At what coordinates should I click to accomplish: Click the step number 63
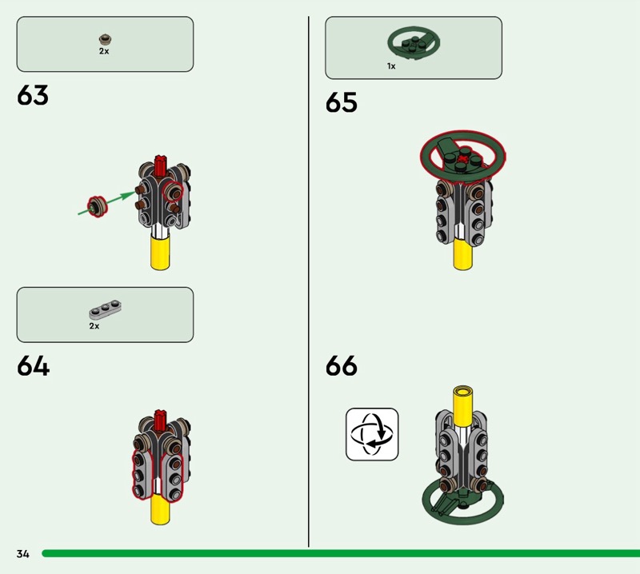33,96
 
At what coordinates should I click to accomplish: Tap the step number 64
33,367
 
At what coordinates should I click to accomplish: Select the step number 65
342,103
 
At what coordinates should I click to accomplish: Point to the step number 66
342,367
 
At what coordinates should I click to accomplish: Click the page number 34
22,553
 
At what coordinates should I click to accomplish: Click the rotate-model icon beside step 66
372,434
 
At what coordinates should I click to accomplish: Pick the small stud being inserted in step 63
98,205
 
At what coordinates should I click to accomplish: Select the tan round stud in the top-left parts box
104,38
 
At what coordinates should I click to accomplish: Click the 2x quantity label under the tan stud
104,50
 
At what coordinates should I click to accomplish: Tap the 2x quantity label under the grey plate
94,326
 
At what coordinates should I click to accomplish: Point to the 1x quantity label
391,66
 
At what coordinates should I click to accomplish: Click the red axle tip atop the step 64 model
161,417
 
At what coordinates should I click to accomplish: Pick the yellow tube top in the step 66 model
462,392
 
